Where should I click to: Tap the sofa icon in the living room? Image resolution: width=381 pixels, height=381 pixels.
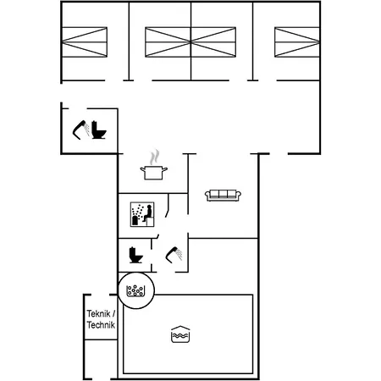223,196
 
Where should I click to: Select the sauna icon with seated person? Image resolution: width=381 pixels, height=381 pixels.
142,214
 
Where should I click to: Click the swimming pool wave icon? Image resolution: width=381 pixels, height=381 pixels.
180,334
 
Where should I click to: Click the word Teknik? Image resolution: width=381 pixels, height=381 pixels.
98,313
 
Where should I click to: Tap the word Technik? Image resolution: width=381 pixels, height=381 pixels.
101,325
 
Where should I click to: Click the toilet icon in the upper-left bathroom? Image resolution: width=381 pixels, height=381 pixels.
98,130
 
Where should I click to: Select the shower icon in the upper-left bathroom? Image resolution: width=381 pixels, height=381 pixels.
81,130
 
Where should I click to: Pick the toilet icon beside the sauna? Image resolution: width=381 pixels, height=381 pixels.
135,255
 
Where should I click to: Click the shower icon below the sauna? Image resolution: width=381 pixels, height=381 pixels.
174,255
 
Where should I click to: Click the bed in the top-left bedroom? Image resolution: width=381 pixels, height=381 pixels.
85,42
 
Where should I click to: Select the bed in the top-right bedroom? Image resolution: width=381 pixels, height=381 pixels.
297,42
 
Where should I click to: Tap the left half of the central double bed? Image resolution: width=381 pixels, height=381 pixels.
168,42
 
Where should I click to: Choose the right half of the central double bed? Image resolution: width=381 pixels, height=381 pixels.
213,42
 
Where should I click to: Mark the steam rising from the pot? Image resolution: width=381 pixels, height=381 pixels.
154,157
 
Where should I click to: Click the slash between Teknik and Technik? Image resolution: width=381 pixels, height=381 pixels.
113,313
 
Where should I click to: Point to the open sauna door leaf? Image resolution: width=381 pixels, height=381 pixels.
168,206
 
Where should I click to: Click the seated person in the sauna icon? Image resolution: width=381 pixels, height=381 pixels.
147,213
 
